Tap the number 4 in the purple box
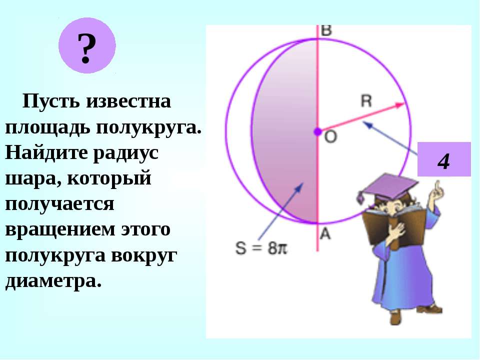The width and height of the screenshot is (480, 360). [443, 161]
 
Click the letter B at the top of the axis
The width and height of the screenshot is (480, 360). [326, 30]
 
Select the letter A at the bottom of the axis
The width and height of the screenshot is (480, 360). [325, 234]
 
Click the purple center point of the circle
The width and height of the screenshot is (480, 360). [317, 131]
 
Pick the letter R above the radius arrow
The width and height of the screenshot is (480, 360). [366, 100]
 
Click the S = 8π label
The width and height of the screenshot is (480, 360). [261, 247]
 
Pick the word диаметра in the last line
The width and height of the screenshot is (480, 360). [53, 281]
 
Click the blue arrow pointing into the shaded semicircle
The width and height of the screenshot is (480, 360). [280, 211]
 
